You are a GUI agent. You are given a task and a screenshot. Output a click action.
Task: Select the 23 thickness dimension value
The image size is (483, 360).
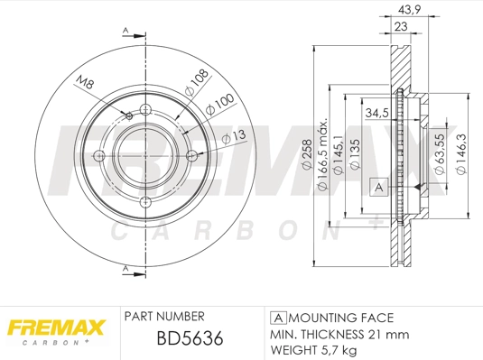coord(399,27)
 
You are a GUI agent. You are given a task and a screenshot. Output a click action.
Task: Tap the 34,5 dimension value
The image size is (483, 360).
coord(376,115)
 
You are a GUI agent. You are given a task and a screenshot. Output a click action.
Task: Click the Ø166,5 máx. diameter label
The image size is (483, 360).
coord(322,153)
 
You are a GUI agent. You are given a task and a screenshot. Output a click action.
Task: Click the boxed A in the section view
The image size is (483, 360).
coord(381,187)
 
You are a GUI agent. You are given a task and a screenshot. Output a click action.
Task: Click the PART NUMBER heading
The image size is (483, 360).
coord(163,317)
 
